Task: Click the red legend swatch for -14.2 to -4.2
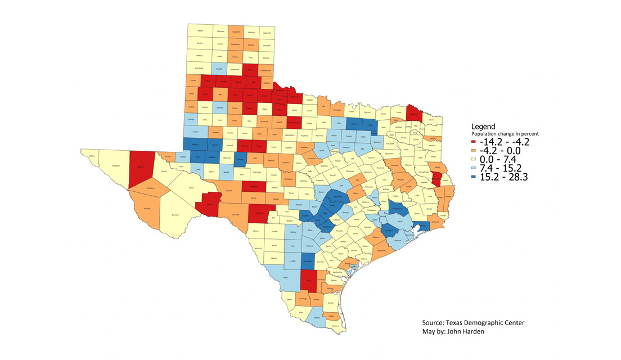pyautogui.click(x=476, y=142)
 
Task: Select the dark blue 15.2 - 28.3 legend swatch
pyautogui.click(x=476, y=177)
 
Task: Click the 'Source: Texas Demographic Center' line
pyautogui.click(x=473, y=323)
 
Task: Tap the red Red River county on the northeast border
pyautogui.click(x=415, y=112)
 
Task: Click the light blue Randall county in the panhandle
pyautogui.click(x=220, y=69)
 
